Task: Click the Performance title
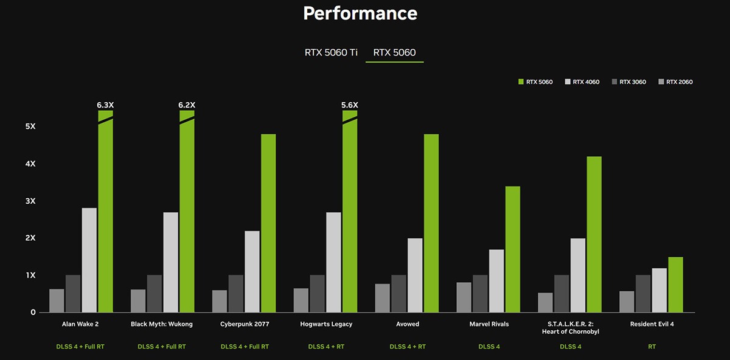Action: [x=360, y=13]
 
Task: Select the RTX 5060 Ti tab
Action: [x=330, y=53]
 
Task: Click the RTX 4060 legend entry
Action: [x=582, y=82]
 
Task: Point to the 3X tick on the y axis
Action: [x=30, y=201]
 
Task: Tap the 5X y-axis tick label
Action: [x=30, y=126]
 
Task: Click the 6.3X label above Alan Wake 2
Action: [x=105, y=105]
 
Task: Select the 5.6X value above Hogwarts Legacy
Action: [x=350, y=105]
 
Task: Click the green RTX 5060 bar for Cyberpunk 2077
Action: [x=268, y=223]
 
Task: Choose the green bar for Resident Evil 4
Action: [x=675, y=285]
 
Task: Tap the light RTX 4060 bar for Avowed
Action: [x=415, y=275]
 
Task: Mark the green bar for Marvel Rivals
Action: [x=513, y=249]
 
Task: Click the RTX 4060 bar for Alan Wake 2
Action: [x=89, y=260]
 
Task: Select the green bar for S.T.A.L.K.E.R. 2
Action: [x=594, y=234]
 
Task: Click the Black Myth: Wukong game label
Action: [x=162, y=324]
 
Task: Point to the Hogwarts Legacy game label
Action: [x=325, y=324]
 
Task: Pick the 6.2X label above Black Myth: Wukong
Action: [x=187, y=105]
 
